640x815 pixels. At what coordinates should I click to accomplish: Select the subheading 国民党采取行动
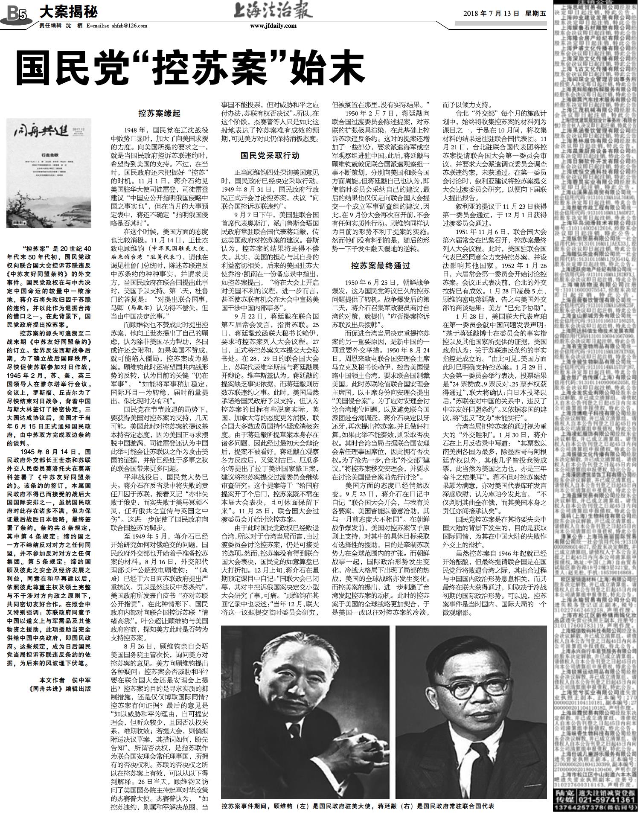coord(270,155)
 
